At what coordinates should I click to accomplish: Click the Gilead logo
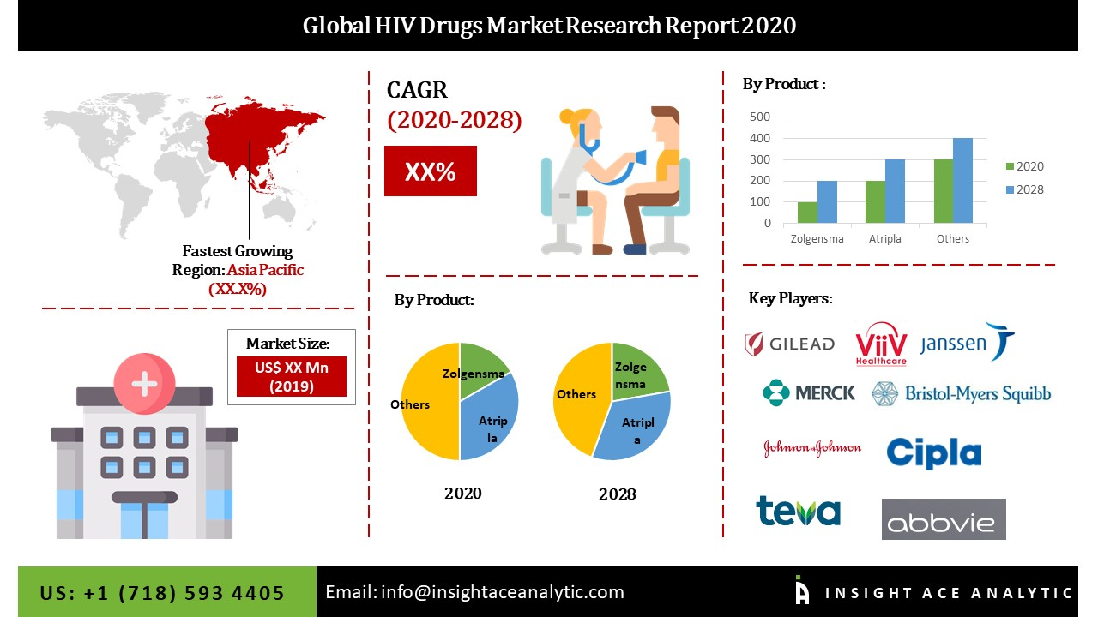pyautogui.click(x=789, y=344)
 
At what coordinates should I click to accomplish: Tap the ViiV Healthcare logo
pyautogui.click(x=881, y=344)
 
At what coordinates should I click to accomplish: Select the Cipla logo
pyautogui.click(x=933, y=452)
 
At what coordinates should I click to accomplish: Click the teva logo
pyautogui.click(x=798, y=511)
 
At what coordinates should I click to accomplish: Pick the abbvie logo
pyautogui.click(x=944, y=519)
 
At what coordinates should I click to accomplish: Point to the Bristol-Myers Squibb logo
pyautogui.click(x=961, y=393)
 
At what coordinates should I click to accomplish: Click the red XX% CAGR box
pyautogui.click(x=430, y=171)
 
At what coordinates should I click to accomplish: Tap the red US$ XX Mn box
pyautogui.click(x=291, y=375)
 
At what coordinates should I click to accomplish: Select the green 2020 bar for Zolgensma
pyautogui.click(x=806, y=213)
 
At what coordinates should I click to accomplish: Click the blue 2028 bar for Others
pyautogui.click(x=962, y=181)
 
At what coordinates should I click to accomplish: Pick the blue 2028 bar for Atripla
pyautogui.click(x=895, y=191)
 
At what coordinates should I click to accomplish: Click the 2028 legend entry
pyautogui.click(x=1024, y=189)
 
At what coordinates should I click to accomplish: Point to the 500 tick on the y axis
pyautogui.click(x=759, y=117)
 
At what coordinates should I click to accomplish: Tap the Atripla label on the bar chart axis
pyautogui.click(x=884, y=239)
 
